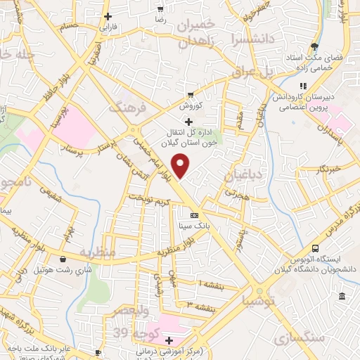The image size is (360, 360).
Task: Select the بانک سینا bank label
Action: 197,226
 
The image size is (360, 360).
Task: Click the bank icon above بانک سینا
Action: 195,215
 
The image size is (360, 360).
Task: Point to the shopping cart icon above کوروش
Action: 190,95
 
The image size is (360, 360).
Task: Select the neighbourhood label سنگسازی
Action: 306,339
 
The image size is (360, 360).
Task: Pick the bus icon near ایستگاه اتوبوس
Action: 315,248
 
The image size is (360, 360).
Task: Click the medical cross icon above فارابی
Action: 107,16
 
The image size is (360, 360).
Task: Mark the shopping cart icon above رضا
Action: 160,8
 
